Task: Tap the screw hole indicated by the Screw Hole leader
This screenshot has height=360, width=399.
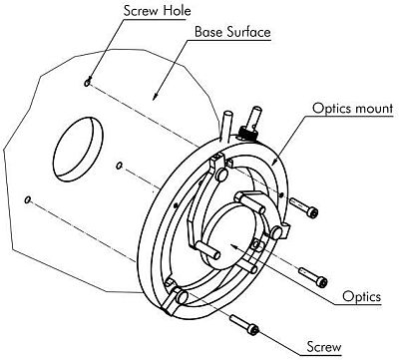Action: tap(89, 84)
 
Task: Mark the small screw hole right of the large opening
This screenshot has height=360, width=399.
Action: tap(119, 165)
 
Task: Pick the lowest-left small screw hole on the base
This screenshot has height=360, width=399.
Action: tap(30, 199)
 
